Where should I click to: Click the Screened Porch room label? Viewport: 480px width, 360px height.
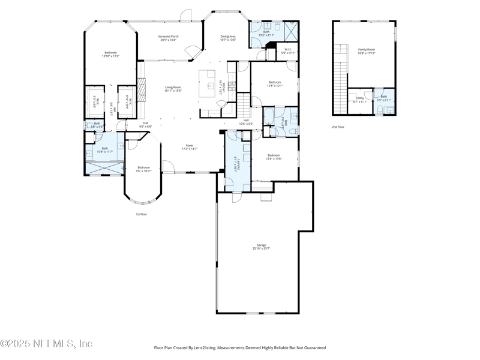pyautogui.click(x=168, y=38)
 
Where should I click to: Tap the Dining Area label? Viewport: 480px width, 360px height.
pyautogui.click(x=228, y=38)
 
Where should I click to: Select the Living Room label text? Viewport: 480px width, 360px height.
pyautogui.click(x=173, y=89)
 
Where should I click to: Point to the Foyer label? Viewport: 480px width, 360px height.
pyautogui.click(x=189, y=146)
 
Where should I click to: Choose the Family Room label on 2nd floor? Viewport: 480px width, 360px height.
pyautogui.click(x=366, y=51)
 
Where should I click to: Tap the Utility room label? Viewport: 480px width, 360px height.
pyautogui.click(x=360, y=99)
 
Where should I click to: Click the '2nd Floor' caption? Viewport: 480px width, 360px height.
pyautogui.click(x=338, y=127)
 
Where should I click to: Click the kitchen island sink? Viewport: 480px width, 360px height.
pyautogui.click(x=211, y=86)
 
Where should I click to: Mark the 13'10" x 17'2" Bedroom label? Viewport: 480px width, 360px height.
pyautogui.click(x=111, y=54)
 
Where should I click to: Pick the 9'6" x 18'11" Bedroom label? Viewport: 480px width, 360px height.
pyautogui.click(x=143, y=169)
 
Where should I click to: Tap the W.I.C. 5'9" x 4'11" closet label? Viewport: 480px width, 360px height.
pyautogui.click(x=288, y=52)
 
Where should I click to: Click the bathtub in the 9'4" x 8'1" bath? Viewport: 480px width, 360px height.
pyautogui.click(x=269, y=115)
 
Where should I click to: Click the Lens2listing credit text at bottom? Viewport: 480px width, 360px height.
pyautogui.click(x=240, y=347)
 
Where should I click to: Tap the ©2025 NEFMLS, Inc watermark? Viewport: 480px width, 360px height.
pyautogui.click(x=47, y=344)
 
